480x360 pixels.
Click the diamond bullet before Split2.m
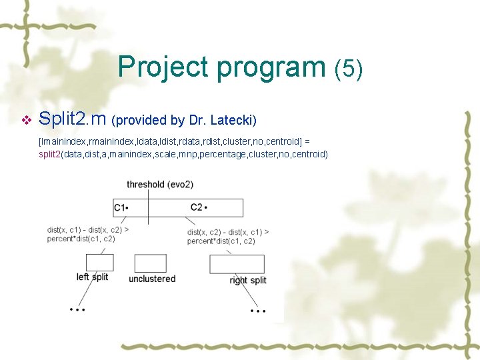[x=27, y=121]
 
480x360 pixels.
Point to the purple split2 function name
[x=49, y=154]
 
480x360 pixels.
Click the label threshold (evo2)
[x=160, y=184]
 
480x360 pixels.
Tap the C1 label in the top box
[x=121, y=207]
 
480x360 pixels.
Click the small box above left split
[x=99, y=263]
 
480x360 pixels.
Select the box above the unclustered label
[x=150, y=263]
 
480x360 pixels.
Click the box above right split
[x=237, y=264]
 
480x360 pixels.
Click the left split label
[x=92, y=277]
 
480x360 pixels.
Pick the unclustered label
[x=152, y=279]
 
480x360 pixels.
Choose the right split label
[x=247, y=280]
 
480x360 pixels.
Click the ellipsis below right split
[x=257, y=310]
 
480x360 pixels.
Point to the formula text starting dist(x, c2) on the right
[x=228, y=237]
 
